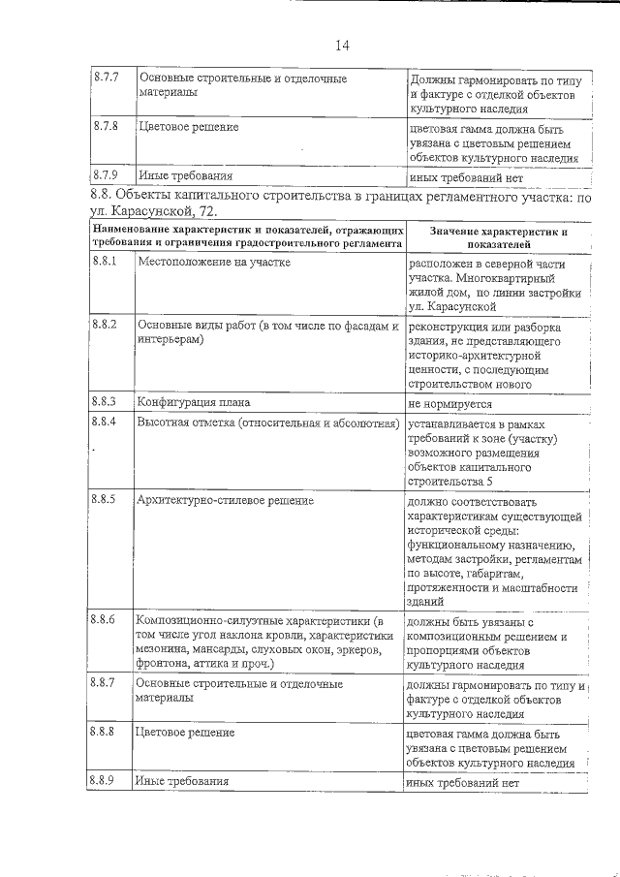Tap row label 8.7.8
point(105,126)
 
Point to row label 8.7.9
point(105,175)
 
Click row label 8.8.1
point(104,263)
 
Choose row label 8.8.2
point(104,326)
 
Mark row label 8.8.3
point(104,400)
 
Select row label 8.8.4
point(104,423)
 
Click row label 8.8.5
point(104,499)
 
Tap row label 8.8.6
point(104,618)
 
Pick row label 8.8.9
point(104,780)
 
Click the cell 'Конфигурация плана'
point(194,401)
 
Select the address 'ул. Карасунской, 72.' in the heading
point(156,212)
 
